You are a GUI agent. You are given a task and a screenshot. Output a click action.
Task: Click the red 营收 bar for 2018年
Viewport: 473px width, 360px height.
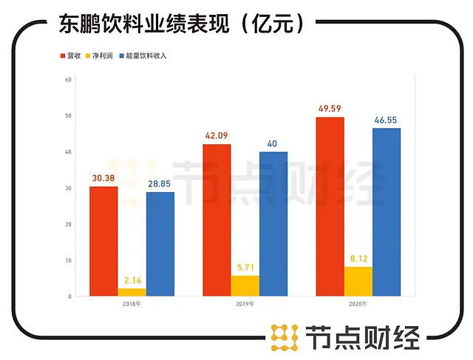point(103,241)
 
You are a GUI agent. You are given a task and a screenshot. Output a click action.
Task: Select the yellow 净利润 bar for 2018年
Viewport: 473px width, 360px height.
point(132,292)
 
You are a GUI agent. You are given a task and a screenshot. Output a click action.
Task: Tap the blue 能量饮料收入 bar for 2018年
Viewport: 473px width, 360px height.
point(160,244)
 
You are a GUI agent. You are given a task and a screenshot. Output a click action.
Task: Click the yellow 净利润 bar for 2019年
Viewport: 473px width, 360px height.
point(245,285)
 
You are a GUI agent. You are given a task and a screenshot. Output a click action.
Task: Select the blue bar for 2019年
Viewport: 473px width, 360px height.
point(273,224)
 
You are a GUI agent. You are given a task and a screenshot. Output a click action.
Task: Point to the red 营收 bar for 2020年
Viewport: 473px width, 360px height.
point(330,206)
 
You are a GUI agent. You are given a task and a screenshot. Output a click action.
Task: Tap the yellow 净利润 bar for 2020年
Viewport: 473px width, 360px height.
point(358,281)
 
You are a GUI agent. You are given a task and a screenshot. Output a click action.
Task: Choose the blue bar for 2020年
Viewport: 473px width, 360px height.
point(387,212)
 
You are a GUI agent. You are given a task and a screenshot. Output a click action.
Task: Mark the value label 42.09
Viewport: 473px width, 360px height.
point(217,136)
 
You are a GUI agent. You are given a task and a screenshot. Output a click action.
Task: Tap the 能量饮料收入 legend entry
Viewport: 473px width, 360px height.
point(145,55)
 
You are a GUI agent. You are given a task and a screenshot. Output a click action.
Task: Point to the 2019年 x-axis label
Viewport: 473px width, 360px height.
point(245,303)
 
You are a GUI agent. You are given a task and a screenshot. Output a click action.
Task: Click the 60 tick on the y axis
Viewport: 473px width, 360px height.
point(67,79)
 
